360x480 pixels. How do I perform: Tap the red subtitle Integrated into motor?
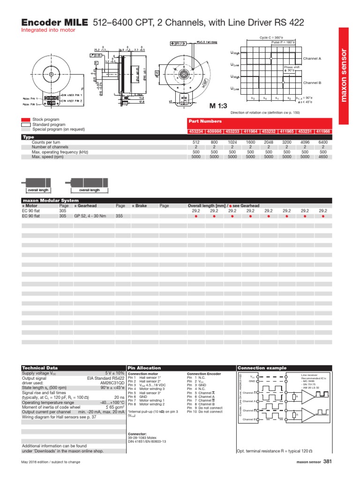coord(48,30)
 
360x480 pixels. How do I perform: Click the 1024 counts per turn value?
coord(232,142)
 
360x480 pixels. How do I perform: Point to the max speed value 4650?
coord(322,157)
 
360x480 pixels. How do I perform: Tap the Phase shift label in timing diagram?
coord(291,67)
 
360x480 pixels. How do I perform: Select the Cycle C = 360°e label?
coord(272,37)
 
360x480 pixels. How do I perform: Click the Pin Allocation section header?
coord(144,368)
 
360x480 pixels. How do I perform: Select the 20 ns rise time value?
coord(119,397)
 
